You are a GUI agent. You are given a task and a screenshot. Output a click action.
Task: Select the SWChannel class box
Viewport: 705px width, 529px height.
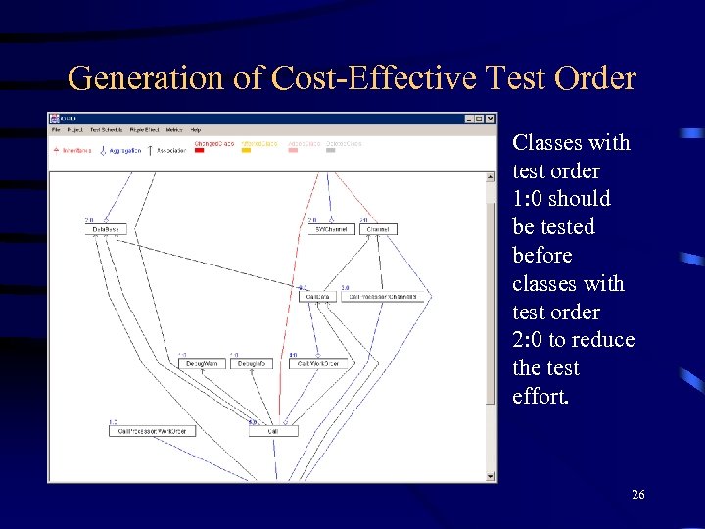coord(330,230)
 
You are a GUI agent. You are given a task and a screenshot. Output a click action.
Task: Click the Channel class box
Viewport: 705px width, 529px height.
coord(378,230)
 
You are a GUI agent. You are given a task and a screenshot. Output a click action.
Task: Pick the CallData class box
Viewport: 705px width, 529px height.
coord(317,297)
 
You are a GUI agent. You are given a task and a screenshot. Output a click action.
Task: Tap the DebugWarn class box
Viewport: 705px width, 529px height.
coord(203,363)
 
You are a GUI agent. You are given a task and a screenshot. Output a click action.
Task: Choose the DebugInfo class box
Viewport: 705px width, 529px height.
coord(253,363)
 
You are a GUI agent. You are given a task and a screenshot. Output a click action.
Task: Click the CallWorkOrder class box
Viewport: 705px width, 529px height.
coord(319,363)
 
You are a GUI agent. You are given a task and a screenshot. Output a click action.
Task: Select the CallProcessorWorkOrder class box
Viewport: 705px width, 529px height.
coord(151,430)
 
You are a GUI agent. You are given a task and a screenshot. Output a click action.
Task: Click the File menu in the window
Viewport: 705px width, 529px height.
coord(56,129)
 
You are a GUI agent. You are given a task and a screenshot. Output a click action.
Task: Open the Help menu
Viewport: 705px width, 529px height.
coord(195,129)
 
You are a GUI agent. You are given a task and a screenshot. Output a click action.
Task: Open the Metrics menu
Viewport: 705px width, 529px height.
coord(174,129)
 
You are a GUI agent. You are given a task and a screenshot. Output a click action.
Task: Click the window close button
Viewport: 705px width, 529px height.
coord(490,120)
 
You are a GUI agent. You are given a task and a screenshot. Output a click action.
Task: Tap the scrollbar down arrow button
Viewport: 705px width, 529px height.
coord(492,476)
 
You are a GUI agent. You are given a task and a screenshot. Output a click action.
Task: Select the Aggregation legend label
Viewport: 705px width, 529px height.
coord(123,151)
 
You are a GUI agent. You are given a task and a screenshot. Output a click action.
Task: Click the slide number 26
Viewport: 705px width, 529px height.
coord(637,496)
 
